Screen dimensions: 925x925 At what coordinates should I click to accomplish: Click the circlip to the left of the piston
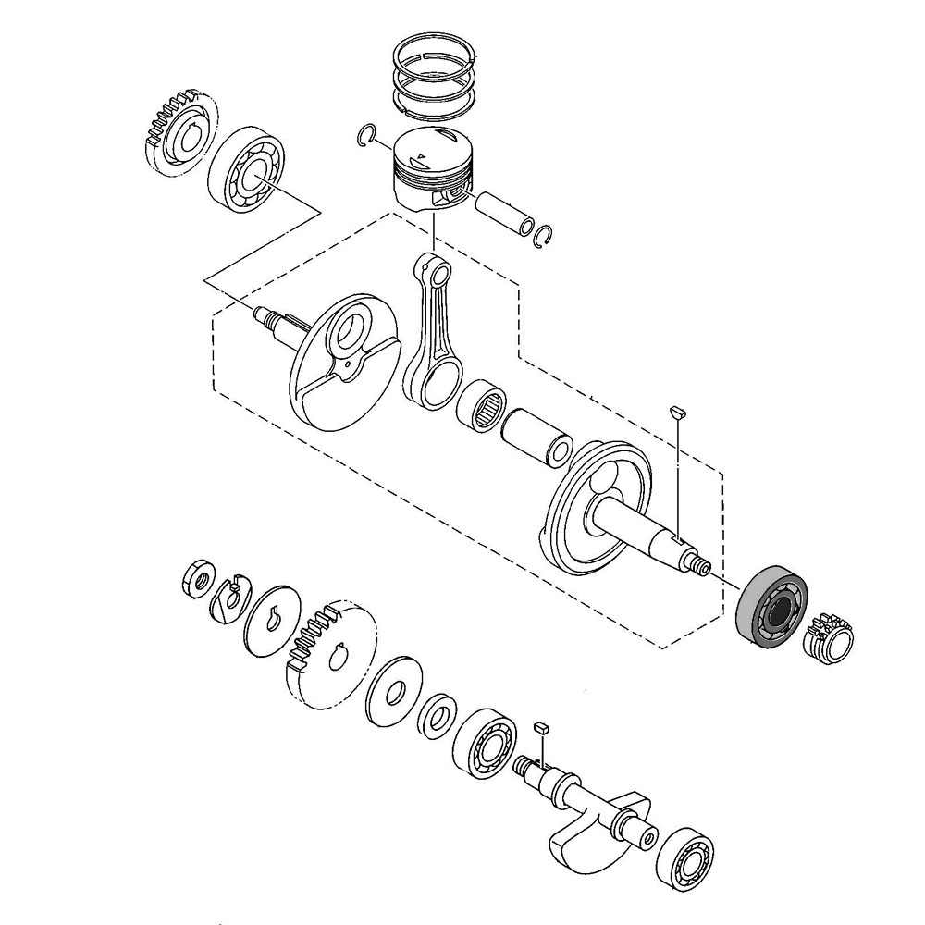click(368, 136)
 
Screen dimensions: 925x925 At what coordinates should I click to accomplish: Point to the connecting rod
click(433, 333)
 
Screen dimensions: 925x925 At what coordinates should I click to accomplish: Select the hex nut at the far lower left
click(196, 580)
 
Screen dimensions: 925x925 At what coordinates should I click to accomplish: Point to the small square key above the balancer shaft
click(542, 727)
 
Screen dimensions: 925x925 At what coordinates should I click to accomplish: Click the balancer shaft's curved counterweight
click(578, 837)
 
